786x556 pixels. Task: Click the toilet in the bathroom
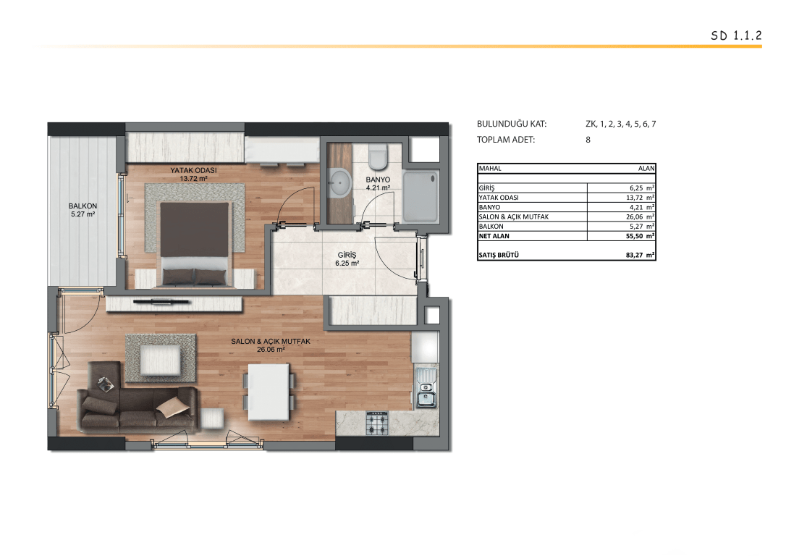pyautogui.click(x=378, y=156)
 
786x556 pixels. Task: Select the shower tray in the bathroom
pyautogui.click(x=421, y=196)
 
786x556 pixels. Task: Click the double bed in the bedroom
pyautogui.click(x=194, y=244)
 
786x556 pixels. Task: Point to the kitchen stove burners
pyautogui.click(x=377, y=423)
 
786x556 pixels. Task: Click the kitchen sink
pyautogui.click(x=426, y=388)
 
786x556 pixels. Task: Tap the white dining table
pyautogui.click(x=269, y=392)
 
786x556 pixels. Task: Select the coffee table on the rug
pyautogui.click(x=161, y=360)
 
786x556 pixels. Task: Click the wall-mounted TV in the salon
pyautogui.click(x=161, y=302)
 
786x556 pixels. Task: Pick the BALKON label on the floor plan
pyautogui.click(x=83, y=206)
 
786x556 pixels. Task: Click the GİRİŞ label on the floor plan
pyautogui.click(x=347, y=255)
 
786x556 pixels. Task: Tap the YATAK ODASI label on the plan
pyautogui.click(x=193, y=170)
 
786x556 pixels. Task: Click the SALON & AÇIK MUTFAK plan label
pyautogui.click(x=271, y=342)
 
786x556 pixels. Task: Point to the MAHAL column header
pyautogui.click(x=490, y=169)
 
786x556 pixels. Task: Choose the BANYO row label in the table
pyautogui.click(x=489, y=207)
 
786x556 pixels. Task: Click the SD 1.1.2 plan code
pyautogui.click(x=736, y=35)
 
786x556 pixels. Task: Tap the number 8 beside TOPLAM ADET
pyautogui.click(x=588, y=140)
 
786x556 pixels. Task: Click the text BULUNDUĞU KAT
pyautogui.click(x=512, y=124)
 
